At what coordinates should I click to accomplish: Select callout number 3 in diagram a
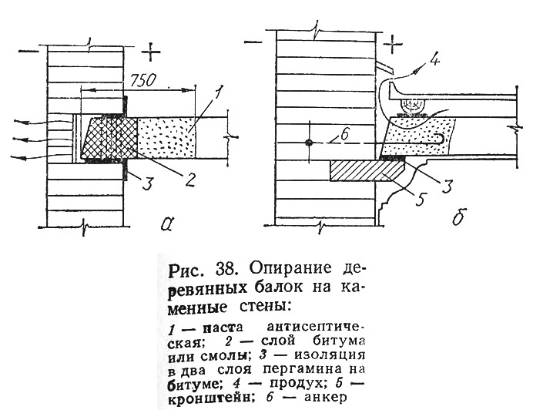[x=147, y=183]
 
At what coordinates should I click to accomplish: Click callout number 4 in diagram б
[x=434, y=60]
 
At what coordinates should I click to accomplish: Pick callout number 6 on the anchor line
[x=344, y=136]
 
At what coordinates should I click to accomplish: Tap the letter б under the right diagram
[x=459, y=217]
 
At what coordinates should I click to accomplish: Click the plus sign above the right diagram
[x=393, y=44]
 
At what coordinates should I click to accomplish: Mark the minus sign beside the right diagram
[x=253, y=42]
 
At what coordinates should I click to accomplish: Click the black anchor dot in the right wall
[x=309, y=143]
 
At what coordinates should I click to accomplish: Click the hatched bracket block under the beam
[x=368, y=171]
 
